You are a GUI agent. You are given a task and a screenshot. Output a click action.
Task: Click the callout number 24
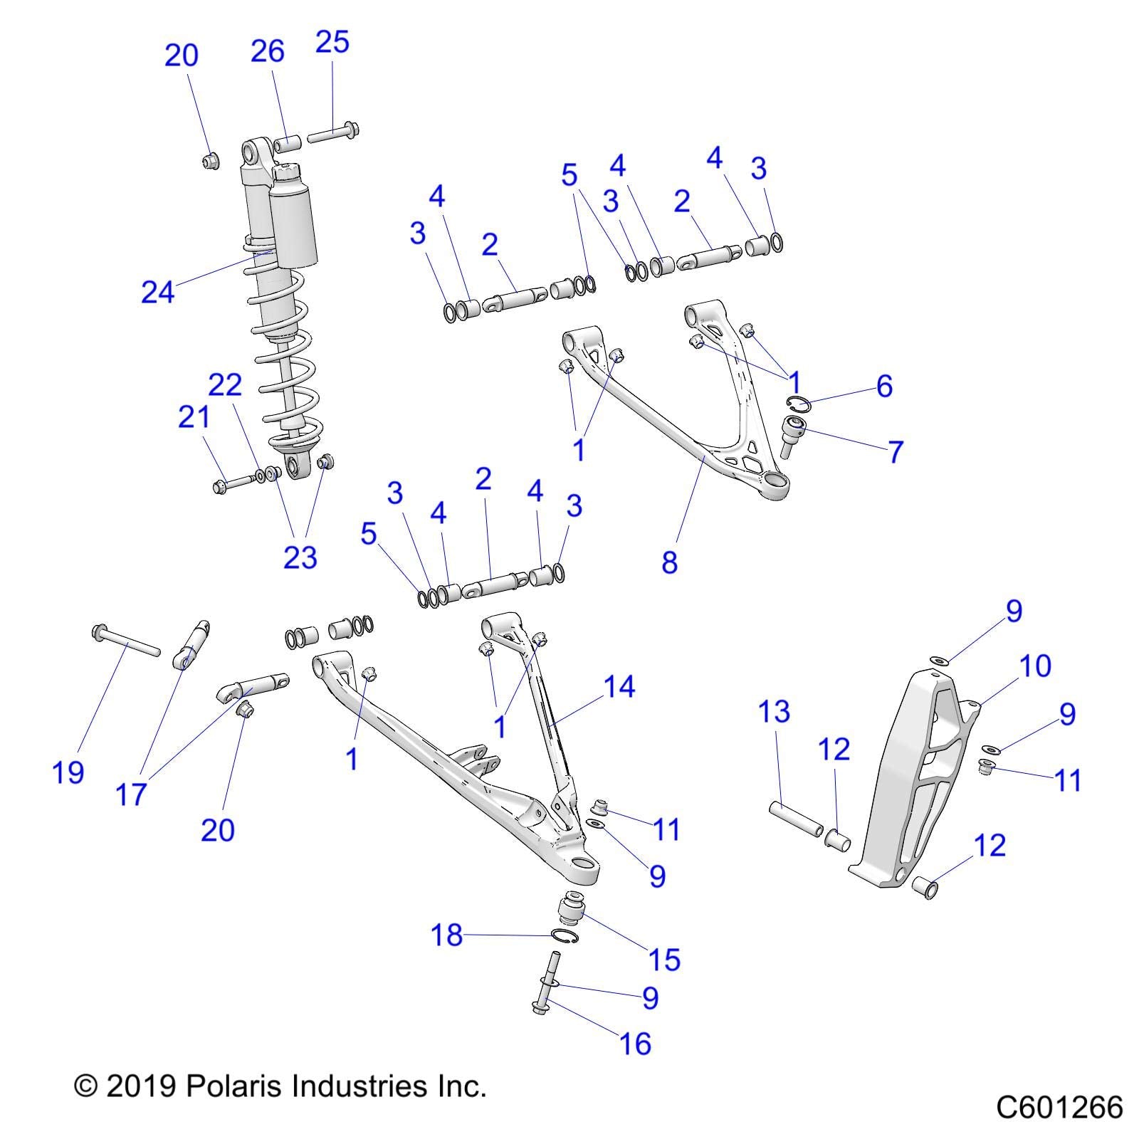coord(157,292)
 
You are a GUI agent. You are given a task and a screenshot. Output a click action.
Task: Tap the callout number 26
coord(268,51)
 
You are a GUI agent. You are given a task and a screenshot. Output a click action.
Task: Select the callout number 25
coord(332,42)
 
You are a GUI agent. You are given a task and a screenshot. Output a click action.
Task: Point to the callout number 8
coord(669,562)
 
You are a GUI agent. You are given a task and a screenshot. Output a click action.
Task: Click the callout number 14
coord(619,687)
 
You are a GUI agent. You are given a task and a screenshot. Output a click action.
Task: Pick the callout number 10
coord(1035,666)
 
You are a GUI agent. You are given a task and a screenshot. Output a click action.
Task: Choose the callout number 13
coord(775,711)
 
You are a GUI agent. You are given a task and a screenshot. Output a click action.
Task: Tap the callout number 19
coord(68,772)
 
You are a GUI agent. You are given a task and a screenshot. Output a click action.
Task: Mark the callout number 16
coord(636,1044)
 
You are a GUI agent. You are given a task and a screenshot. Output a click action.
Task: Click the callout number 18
coord(447,935)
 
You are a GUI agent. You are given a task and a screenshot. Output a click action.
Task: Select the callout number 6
coord(884,387)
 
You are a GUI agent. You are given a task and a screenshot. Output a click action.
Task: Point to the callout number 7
coord(896,452)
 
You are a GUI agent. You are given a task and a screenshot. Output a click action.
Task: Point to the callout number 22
coord(225,385)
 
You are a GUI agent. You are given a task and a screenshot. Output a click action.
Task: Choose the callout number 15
coord(664,960)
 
